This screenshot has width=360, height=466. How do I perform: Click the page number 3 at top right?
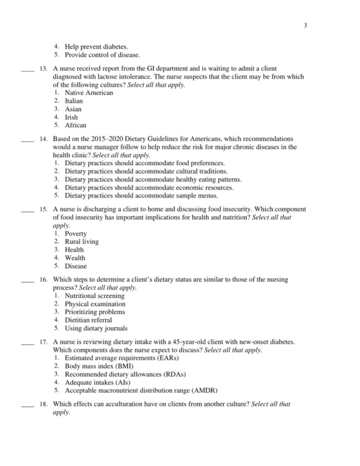(305, 25)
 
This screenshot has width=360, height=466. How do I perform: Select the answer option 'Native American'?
(88, 93)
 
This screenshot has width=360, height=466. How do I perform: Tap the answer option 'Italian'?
(74, 101)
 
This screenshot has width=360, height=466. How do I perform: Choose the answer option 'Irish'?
(71, 118)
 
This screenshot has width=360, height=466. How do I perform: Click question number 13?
(43, 69)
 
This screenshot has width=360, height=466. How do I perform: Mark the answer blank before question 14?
(26, 139)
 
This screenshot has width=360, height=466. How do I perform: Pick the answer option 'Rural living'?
(82, 242)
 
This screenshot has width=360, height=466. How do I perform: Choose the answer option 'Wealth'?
(75, 258)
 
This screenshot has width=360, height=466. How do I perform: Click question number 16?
(43, 280)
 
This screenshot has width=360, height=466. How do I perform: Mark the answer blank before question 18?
(26, 405)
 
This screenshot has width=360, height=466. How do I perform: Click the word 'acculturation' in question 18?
(122, 404)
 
